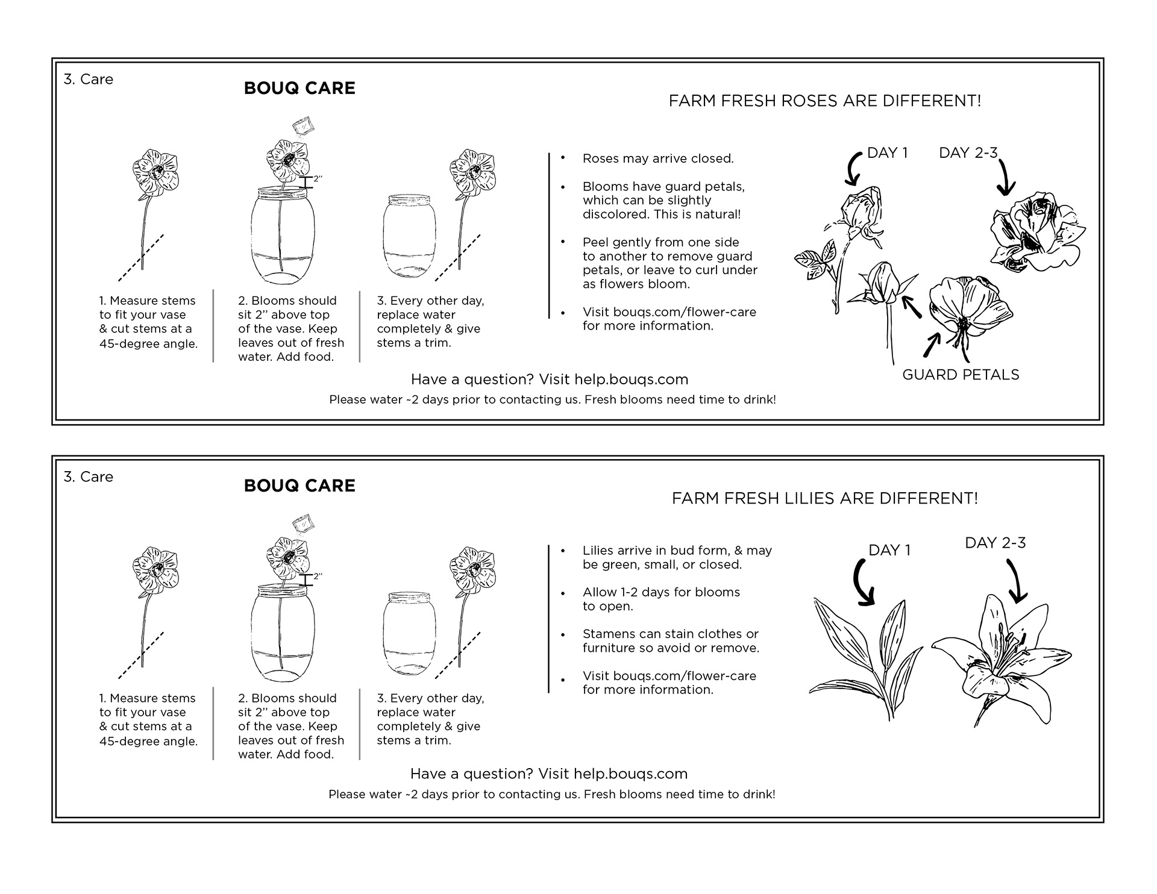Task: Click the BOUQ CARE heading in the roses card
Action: point(299,88)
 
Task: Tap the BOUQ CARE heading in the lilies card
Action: point(299,486)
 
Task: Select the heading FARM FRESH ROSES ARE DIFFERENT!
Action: point(824,101)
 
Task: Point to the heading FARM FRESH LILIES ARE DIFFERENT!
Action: point(824,498)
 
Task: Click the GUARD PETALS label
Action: point(961,375)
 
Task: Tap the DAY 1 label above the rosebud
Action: point(887,153)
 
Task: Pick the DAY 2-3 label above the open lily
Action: point(995,543)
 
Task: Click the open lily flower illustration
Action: point(994,660)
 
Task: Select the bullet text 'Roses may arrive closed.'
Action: point(657,159)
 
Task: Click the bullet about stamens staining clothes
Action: point(670,641)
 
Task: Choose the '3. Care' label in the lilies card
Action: point(89,477)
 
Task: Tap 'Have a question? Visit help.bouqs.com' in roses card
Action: point(549,380)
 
